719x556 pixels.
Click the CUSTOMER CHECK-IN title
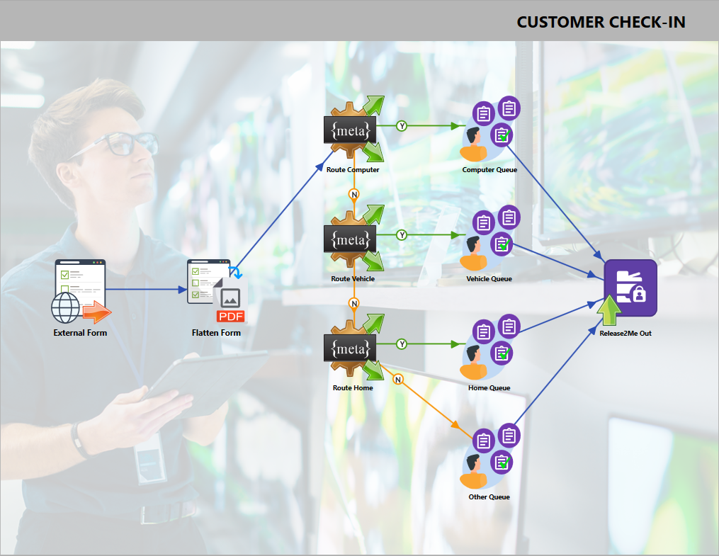click(601, 22)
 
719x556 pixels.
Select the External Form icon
click(80, 291)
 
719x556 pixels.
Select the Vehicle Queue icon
click(489, 239)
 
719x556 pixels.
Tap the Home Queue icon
click(489, 348)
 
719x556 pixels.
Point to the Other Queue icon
click(489, 457)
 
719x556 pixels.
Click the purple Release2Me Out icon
click(630, 288)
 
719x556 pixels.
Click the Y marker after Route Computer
click(402, 126)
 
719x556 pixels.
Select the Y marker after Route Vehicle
click(402, 235)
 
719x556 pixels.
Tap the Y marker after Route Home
click(402, 344)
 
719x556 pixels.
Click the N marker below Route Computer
click(354, 194)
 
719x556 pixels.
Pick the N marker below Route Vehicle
click(354, 303)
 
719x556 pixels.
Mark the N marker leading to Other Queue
click(398, 380)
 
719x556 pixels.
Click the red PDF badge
click(230, 316)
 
